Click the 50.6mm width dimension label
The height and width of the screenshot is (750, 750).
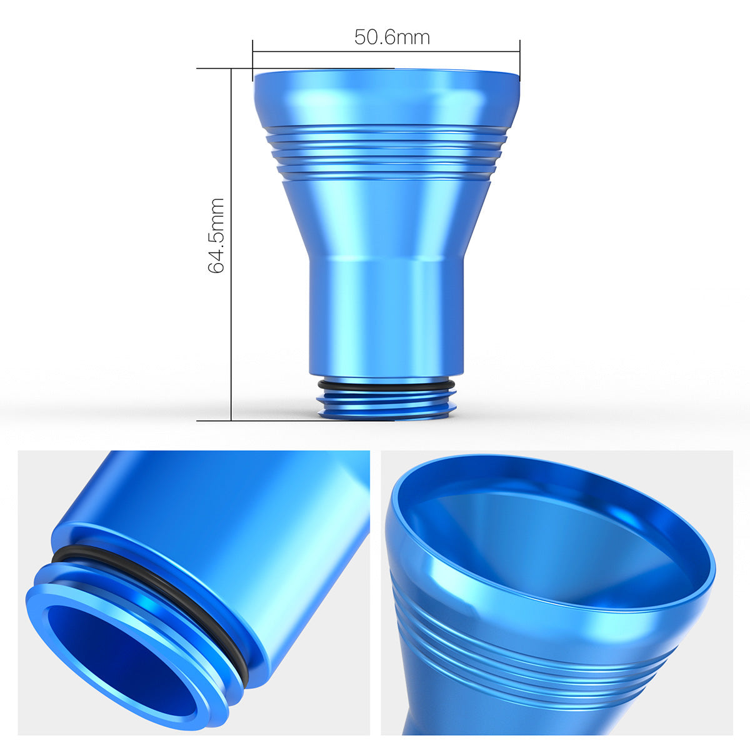[x=392, y=37]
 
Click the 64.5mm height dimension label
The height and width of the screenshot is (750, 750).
[x=216, y=236]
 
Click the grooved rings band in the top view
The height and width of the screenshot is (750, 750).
[x=386, y=153]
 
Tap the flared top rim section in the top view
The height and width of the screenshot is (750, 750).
[x=386, y=97]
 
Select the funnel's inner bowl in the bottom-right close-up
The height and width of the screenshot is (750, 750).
[x=550, y=537]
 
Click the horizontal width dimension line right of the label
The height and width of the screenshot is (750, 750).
[x=475, y=52]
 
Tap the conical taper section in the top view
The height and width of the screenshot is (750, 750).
[x=386, y=219]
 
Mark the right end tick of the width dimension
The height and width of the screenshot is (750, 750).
[x=520, y=52]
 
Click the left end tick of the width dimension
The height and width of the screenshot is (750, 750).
[x=253, y=52]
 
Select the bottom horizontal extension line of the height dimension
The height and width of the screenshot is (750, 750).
[x=262, y=421]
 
